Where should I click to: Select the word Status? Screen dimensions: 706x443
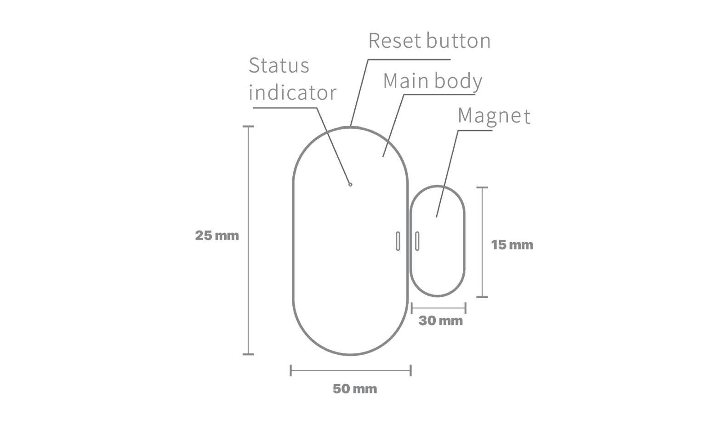point(279,66)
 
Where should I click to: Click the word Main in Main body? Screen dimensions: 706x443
point(406,81)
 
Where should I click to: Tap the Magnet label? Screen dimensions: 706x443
point(494,116)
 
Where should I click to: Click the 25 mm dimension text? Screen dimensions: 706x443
point(217,235)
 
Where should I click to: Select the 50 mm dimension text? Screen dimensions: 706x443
point(355,389)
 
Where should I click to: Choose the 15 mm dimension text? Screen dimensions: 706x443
point(512,245)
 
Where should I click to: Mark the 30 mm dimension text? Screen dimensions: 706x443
point(441,321)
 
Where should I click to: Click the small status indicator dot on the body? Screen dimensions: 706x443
point(350,184)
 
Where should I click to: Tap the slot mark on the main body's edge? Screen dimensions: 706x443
point(398,241)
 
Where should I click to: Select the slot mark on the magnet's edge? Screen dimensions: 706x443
point(417,241)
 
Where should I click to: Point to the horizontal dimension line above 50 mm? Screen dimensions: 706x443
point(351,370)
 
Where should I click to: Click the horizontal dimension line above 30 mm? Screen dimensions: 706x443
point(439,308)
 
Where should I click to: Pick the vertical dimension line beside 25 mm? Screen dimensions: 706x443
point(248,240)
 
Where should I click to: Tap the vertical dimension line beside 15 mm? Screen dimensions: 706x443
point(482,242)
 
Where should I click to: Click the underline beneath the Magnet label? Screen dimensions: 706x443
point(475,131)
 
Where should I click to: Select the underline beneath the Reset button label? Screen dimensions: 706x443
point(409,59)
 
